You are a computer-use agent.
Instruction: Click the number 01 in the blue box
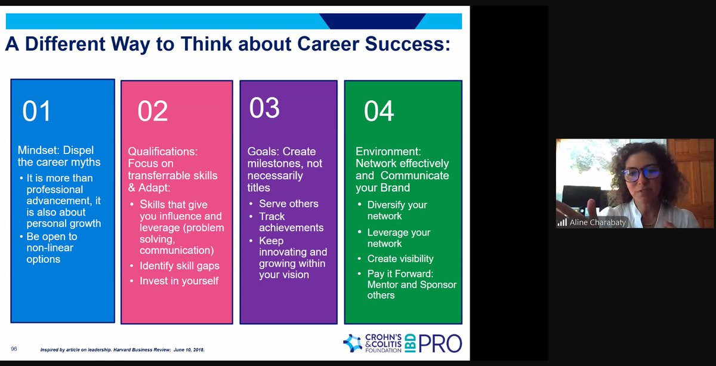(x=36, y=110)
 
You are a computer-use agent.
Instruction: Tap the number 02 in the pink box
(x=153, y=110)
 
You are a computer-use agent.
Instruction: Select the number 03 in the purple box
(x=264, y=107)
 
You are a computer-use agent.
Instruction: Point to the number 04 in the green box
(x=379, y=110)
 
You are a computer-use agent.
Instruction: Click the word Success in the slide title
(x=408, y=44)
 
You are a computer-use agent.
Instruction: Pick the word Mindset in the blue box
(x=39, y=150)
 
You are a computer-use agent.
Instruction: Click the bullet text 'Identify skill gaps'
(x=180, y=266)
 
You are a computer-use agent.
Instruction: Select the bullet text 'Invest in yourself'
(x=179, y=281)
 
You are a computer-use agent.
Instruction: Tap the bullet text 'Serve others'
(x=289, y=204)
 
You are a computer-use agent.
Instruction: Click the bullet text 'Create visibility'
(x=400, y=259)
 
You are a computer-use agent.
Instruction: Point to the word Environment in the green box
(x=388, y=151)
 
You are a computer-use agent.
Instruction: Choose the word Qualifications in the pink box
(x=163, y=151)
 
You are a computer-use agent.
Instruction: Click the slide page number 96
(x=14, y=349)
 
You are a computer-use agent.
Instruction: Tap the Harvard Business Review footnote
(x=122, y=350)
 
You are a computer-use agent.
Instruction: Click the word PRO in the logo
(x=440, y=343)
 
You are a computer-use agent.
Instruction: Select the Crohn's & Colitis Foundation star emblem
(x=353, y=343)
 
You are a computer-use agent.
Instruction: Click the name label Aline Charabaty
(x=597, y=222)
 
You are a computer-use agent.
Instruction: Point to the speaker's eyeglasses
(x=641, y=173)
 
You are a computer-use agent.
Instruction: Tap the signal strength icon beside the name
(x=562, y=222)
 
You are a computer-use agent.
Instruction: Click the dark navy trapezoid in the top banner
(x=372, y=21)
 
